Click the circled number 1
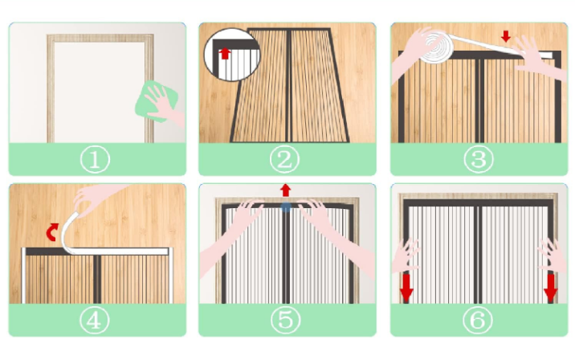tap(95, 160)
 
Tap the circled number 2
tap(284, 160)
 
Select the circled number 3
tap(479, 160)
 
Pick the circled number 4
tap(95, 320)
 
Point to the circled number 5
tap(286, 320)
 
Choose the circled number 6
tap(478, 320)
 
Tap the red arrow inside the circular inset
tap(225, 54)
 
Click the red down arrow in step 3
tap(506, 36)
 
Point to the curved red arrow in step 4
tap(52, 232)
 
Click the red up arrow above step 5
tap(286, 190)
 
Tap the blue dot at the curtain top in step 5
tap(286, 207)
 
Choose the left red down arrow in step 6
tap(406, 288)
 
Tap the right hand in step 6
tap(553, 255)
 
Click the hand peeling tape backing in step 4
tap(96, 201)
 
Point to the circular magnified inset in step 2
tap(232, 55)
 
